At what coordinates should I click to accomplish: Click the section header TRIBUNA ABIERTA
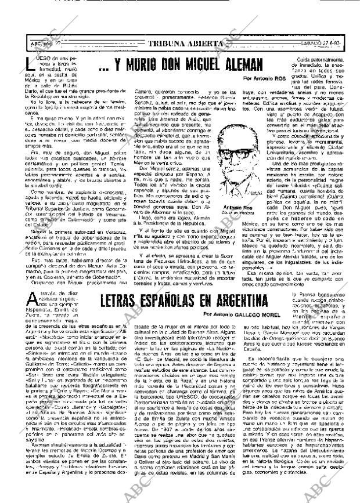point(185,44)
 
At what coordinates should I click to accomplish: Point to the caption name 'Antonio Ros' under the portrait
point(235,190)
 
